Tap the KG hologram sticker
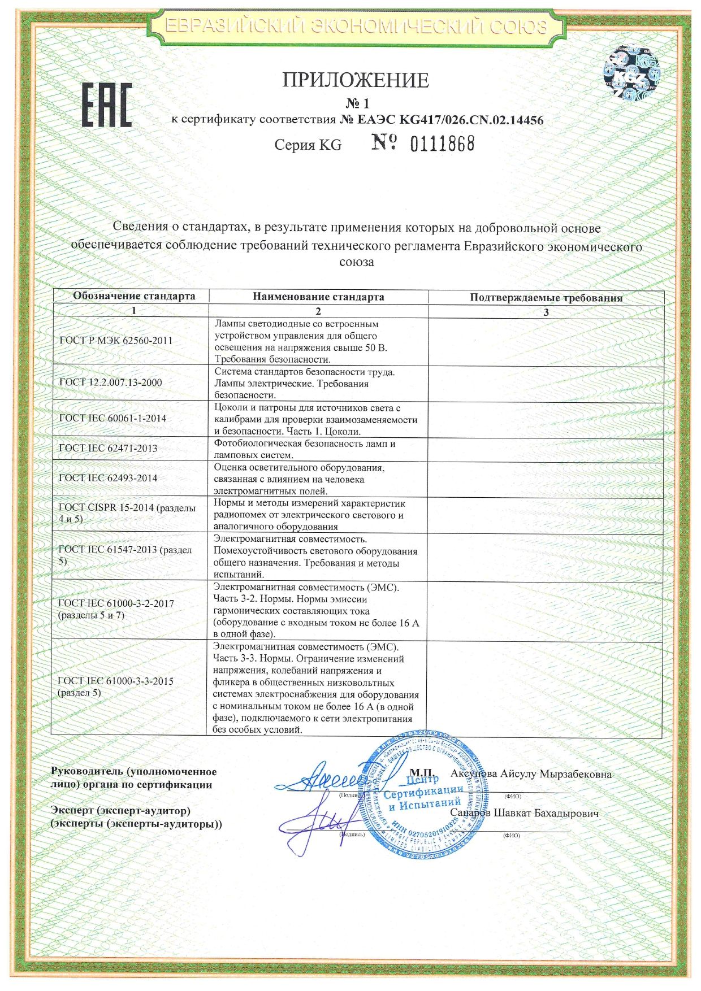(x=632, y=71)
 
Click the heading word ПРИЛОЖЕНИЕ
(x=356, y=80)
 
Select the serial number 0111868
(x=442, y=144)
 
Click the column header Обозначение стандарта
(x=134, y=296)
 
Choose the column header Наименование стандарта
(x=318, y=297)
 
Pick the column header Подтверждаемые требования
(x=546, y=298)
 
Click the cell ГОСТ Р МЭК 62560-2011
(x=116, y=341)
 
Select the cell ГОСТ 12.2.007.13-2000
(x=111, y=383)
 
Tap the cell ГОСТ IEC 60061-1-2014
(x=112, y=419)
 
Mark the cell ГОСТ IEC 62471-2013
(x=108, y=449)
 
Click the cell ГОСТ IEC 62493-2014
(x=108, y=478)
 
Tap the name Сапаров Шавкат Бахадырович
(x=524, y=814)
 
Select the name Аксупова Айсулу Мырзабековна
(x=531, y=774)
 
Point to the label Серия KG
(x=308, y=145)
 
